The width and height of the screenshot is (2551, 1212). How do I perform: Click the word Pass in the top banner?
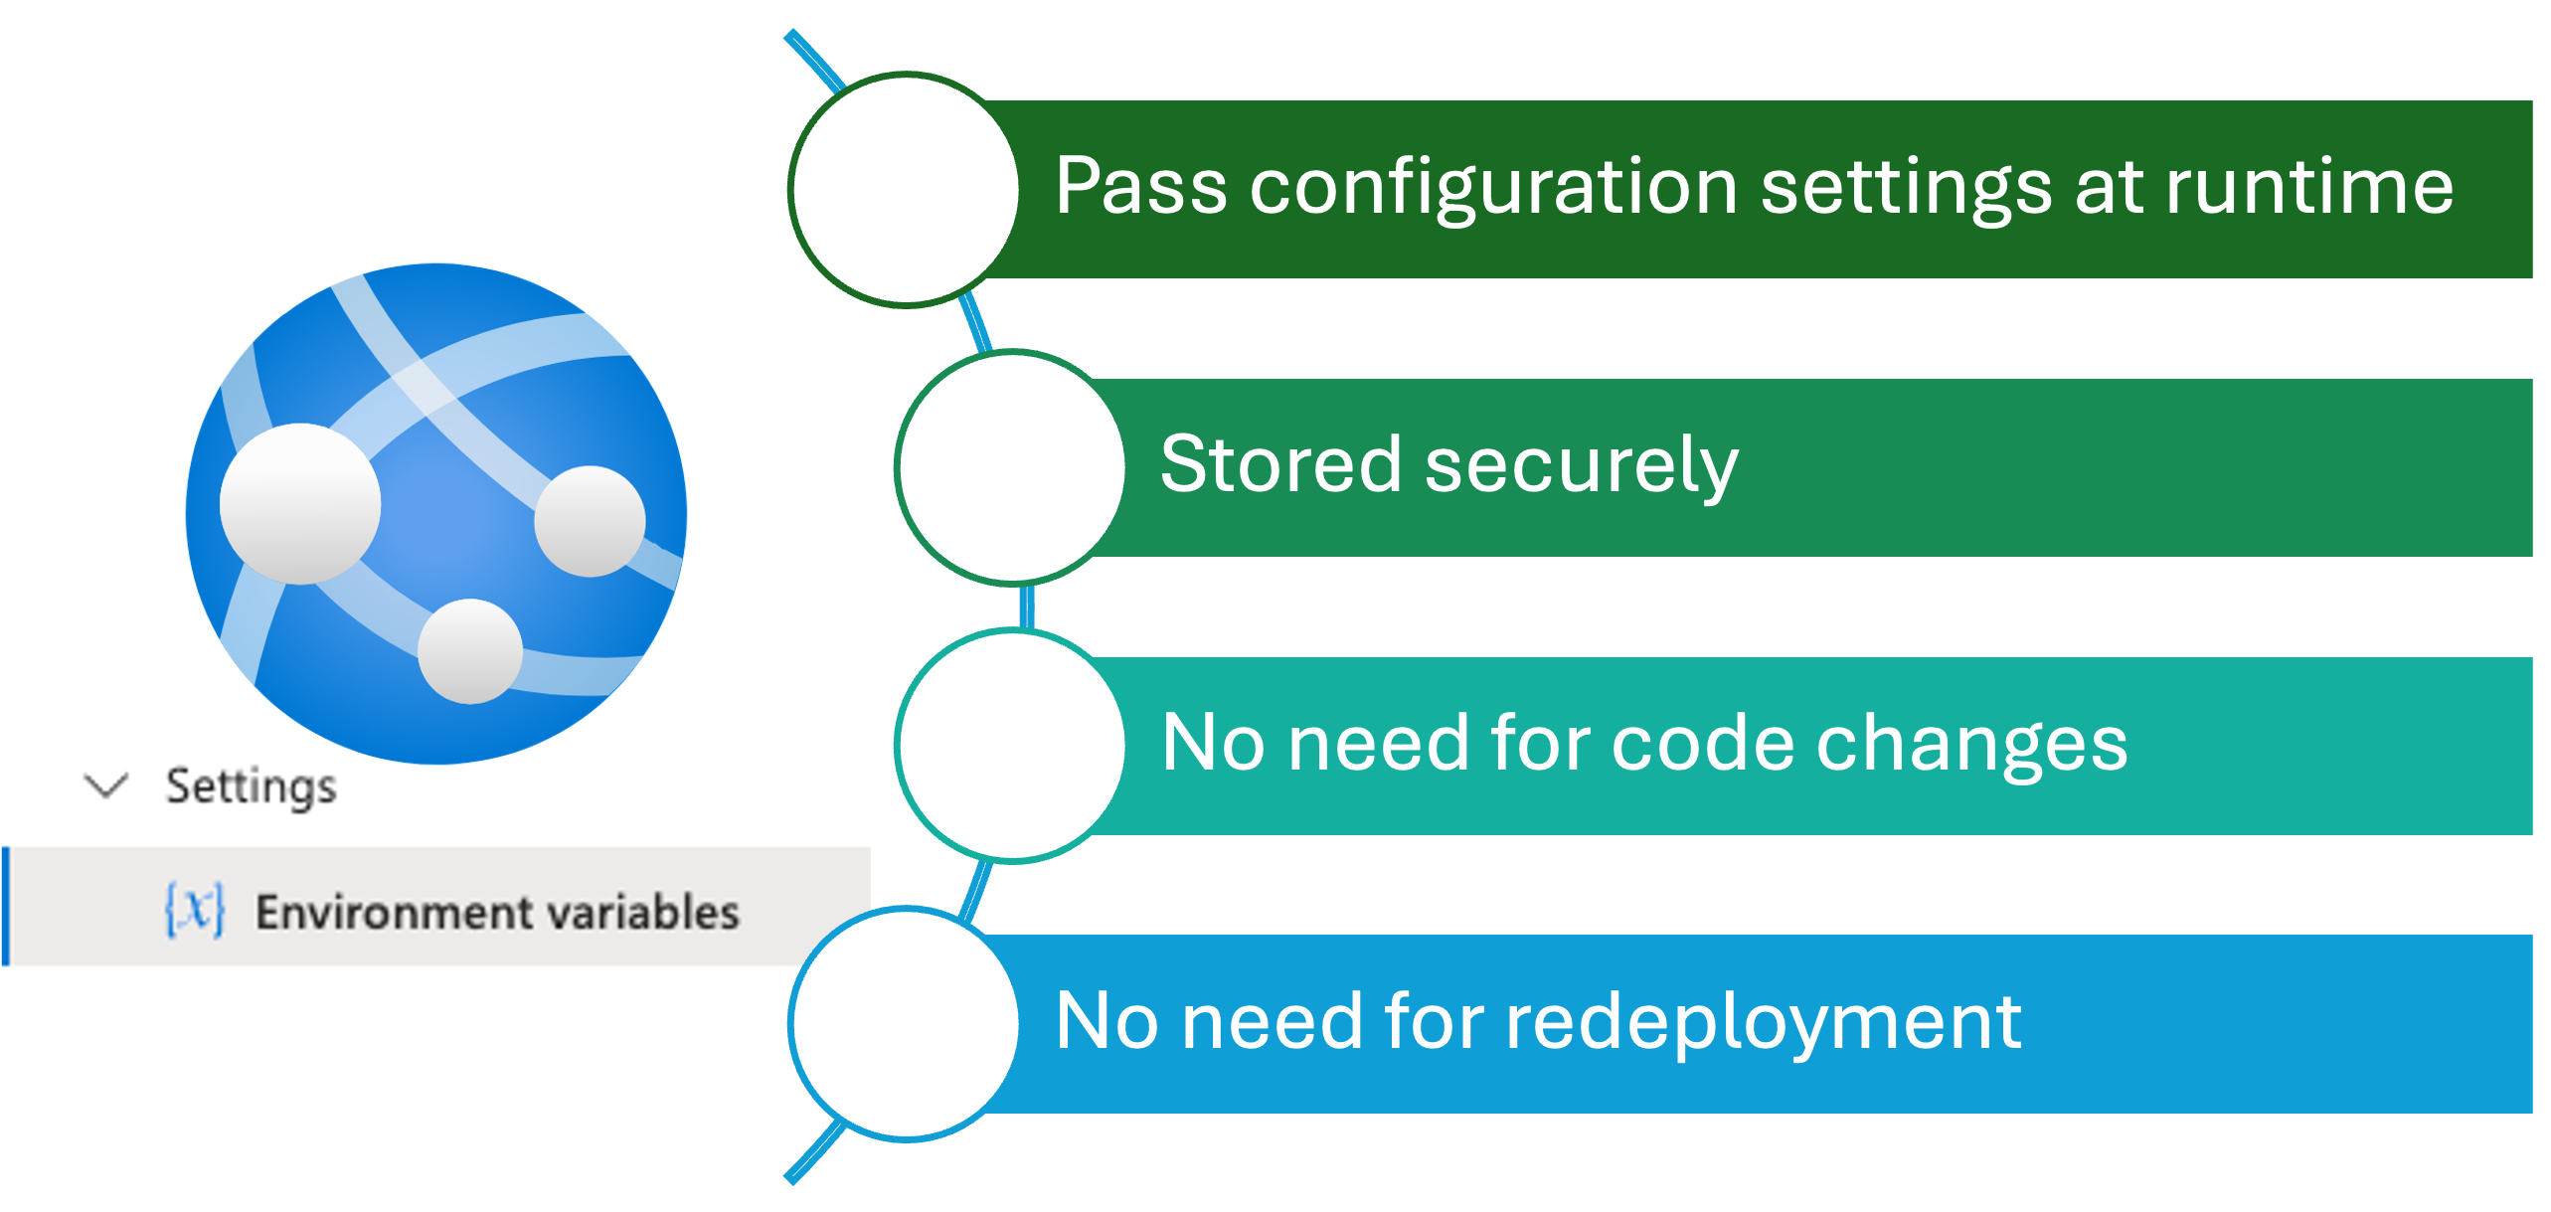[1140, 186]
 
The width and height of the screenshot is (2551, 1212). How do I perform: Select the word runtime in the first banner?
[2309, 186]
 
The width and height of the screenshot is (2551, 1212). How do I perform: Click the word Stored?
[1281, 464]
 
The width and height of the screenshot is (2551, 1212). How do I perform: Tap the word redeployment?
[1763, 1022]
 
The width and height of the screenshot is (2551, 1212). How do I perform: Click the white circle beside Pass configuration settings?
[906, 188]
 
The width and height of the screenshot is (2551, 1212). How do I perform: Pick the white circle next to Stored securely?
[1012, 467]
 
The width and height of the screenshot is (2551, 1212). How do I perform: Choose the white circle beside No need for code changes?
[1012, 745]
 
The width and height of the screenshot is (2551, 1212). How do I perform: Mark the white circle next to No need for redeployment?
[906, 1023]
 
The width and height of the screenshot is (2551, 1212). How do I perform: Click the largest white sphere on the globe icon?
[299, 503]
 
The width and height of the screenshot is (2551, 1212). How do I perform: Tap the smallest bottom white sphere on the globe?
[470, 651]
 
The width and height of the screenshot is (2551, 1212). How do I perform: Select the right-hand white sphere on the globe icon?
[590, 521]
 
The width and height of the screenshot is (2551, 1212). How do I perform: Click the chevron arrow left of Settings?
[106, 785]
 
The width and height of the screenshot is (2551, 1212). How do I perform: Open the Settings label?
[251, 786]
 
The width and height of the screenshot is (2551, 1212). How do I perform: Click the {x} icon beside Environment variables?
[195, 910]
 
